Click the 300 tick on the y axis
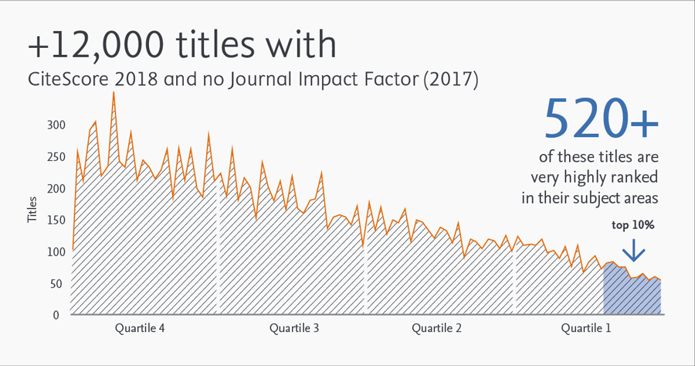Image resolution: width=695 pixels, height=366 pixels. click(x=56, y=125)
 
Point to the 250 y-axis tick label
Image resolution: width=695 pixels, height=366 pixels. click(x=56, y=157)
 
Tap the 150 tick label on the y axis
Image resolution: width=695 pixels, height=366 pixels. click(x=56, y=220)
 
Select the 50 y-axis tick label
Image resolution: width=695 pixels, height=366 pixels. click(x=56, y=283)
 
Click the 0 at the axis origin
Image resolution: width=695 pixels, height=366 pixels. click(x=56, y=315)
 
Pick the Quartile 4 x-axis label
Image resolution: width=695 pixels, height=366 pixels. click(x=140, y=328)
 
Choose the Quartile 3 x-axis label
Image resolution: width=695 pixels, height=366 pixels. click(x=294, y=328)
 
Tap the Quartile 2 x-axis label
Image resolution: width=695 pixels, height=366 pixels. click(x=436, y=328)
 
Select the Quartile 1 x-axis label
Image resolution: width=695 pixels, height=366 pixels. click(x=586, y=328)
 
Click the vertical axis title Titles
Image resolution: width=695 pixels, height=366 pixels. click(x=32, y=210)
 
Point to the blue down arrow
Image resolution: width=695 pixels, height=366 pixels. click(x=633, y=251)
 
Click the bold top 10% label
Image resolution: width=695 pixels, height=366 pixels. click(x=633, y=225)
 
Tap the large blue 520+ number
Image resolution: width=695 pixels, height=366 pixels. click(x=601, y=118)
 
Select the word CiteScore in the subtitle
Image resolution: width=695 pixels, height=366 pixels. click(x=68, y=80)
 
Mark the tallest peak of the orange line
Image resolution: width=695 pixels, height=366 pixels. click(x=114, y=92)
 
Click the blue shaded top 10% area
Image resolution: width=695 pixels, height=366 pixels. click(x=632, y=292)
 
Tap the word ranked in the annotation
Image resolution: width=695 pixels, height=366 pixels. click(x=634, y=177)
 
